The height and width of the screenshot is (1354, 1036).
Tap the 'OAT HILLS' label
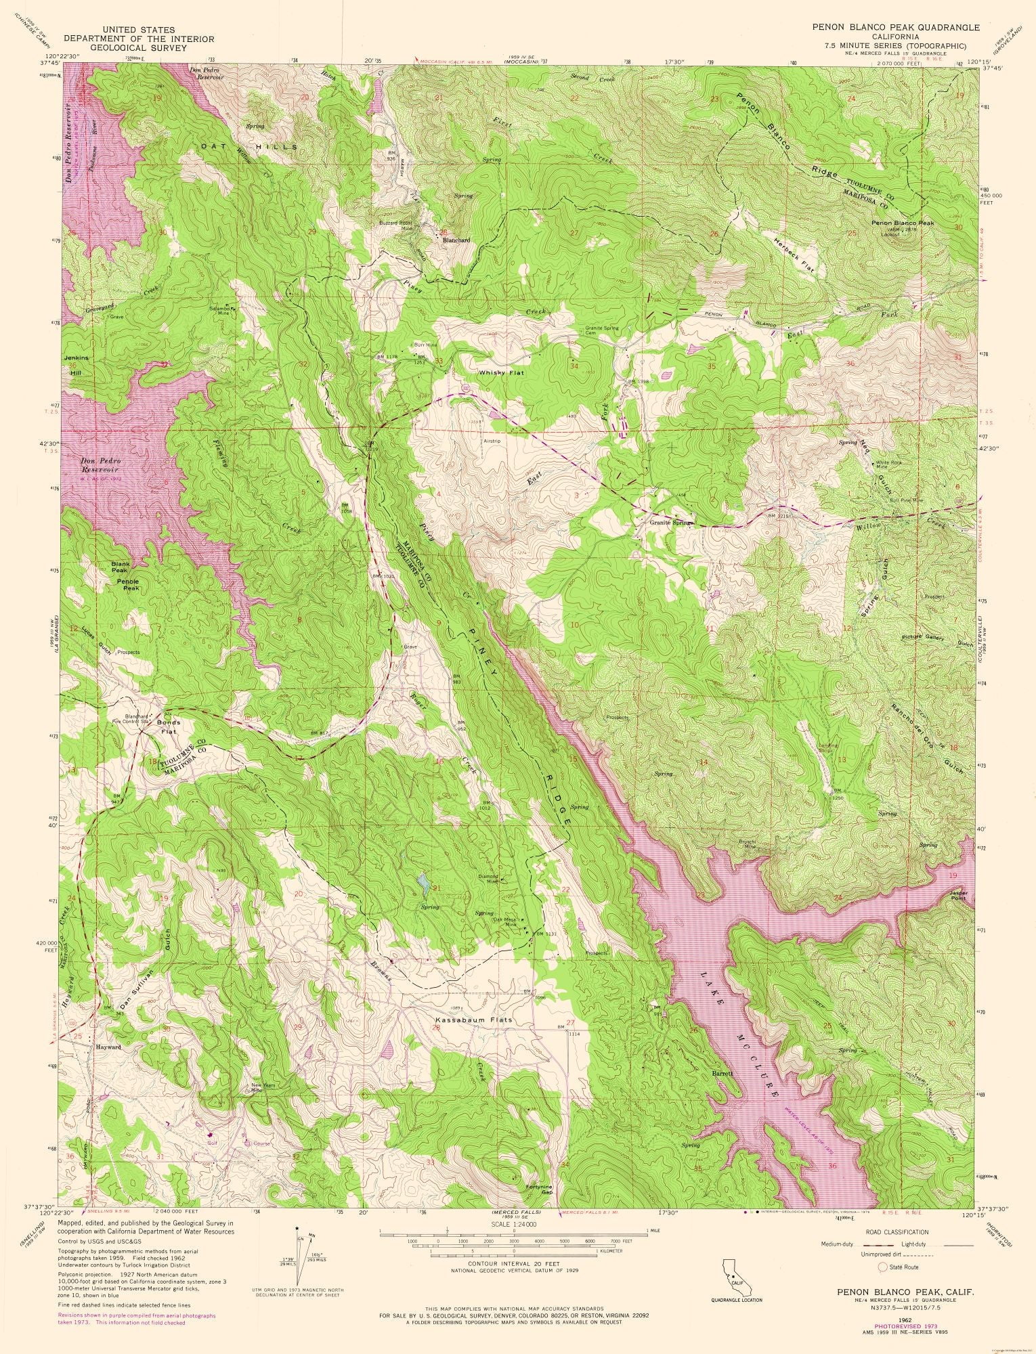pos(248,146)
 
